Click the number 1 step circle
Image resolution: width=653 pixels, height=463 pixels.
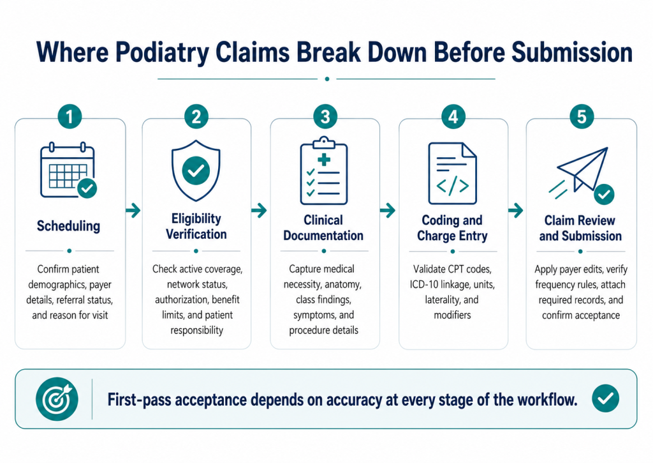[70, 116]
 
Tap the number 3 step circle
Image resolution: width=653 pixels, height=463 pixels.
[325, 116]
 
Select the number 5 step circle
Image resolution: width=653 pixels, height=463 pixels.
[582, 116]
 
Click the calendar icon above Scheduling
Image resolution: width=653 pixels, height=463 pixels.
[68, 170]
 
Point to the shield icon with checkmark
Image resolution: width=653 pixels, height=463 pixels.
[196, 171]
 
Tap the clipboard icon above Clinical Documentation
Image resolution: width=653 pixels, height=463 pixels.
[324, 171]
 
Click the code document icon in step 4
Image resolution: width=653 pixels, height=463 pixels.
[453, 173]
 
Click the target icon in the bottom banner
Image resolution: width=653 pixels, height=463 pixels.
[57, 398]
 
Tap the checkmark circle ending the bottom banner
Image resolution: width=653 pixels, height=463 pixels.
[605, 398]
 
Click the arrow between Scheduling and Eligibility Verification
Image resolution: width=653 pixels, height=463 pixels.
[133, 210]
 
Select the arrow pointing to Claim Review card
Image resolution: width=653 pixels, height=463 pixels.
[515, 210]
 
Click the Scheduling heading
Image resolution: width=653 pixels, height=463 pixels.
[68, 225]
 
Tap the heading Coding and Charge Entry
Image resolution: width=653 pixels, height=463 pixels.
[452, 228]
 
